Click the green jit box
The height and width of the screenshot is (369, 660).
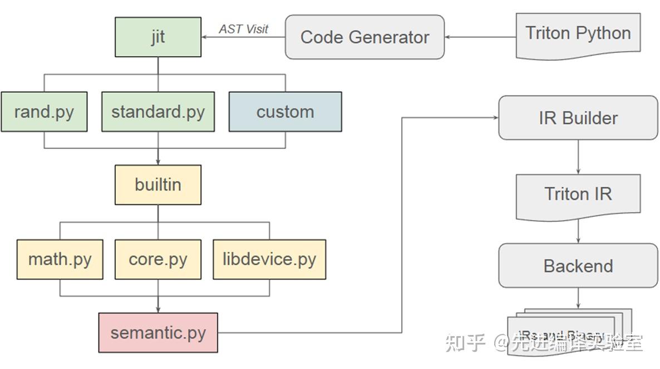pos(158,37)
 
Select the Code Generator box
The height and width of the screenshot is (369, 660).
pos(365,37)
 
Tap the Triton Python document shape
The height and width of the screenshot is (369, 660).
pos(578,35)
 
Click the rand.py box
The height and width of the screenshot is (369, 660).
pos(44,112)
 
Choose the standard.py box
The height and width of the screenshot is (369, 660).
pos(158,112)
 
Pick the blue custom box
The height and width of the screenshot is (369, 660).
pos(285,112)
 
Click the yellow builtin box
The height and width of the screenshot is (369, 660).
pos(158,184)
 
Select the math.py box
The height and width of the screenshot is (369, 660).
pos(60,259)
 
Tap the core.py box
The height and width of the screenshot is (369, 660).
pos(158,259)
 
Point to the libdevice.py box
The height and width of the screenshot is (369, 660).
pos(269,259)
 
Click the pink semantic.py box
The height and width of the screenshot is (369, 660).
pos(158,333)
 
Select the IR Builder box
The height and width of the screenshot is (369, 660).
pos(578,118)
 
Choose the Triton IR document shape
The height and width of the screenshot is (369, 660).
pos(578,195)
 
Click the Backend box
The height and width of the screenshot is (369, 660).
pos(578,266)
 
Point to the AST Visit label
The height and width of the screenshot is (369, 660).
pos(243,29)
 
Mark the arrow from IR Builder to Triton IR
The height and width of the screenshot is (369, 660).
pos(578,157)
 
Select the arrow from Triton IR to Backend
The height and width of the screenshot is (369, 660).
pos(578,231)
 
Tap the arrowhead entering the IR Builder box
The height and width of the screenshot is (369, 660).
pos(495,118)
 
